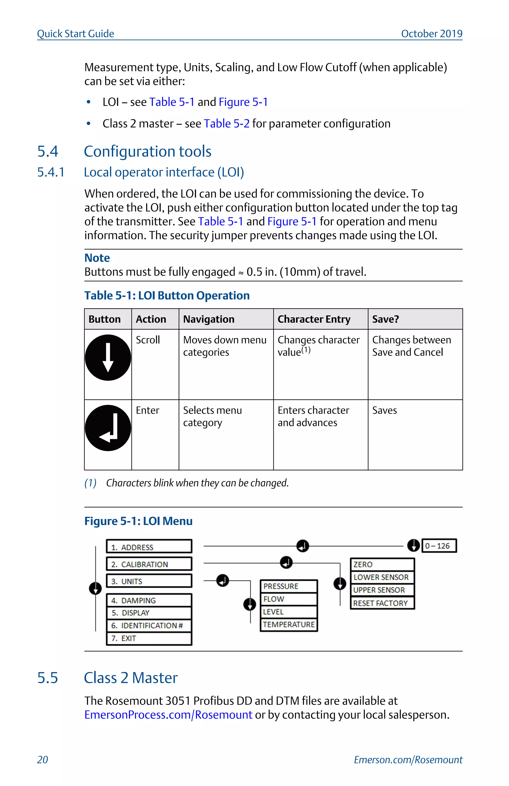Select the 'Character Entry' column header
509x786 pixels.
(x=314, y=319)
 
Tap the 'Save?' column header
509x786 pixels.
(x=385, y=319)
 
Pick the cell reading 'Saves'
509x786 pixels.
(x=384, y=410)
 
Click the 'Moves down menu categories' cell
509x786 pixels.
(x=225, y=346)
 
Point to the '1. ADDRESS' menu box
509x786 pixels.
(x=149, y=547)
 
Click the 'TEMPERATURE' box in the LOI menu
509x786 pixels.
(x=289, y=625)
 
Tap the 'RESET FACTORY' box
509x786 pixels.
(x=382, y=603)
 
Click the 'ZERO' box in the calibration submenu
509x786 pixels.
(x=382, y=564)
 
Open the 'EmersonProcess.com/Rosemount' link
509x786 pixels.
(x=168, y=714)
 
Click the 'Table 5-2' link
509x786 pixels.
(x=227, y=123)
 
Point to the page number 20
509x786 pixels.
(x=42, y=760)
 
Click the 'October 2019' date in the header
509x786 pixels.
(x=431, y=34)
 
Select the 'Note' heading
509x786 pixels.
(x=97, y=258)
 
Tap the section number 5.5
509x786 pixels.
(x=47, y=678)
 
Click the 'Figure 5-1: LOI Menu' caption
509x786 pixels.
(x=138, y=521)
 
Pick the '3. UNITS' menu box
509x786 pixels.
(x=149, y=581)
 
